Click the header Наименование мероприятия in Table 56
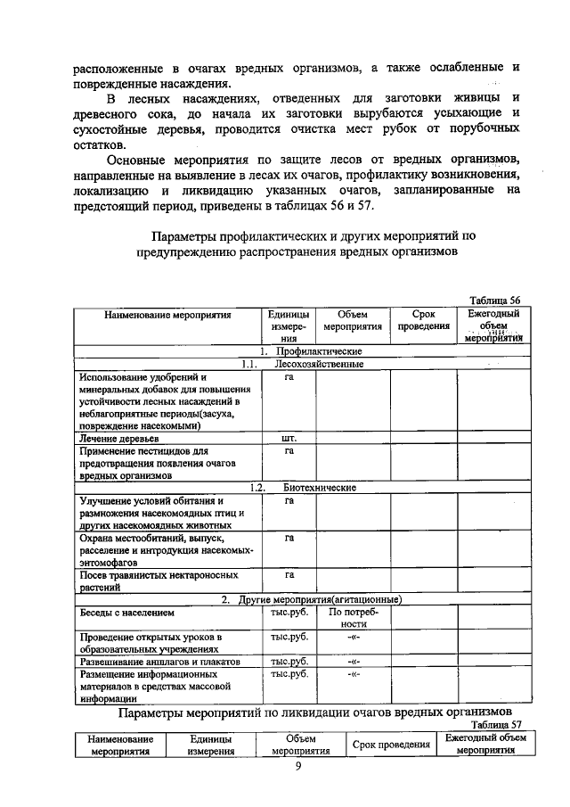167,315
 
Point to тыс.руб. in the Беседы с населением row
289,613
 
